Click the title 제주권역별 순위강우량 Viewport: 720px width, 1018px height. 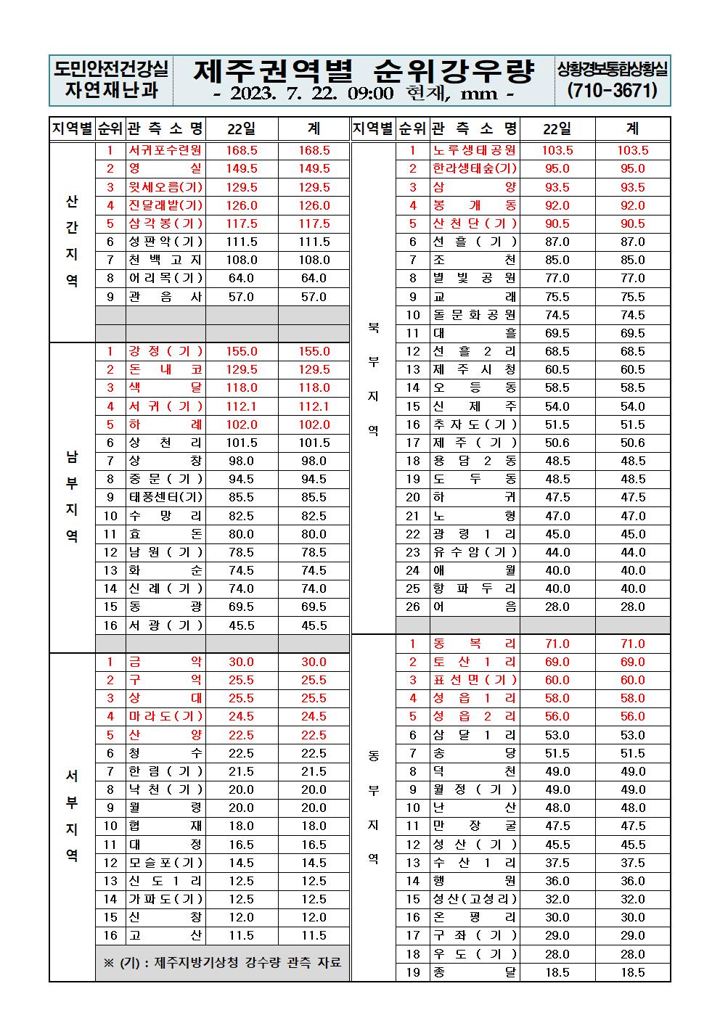pyautogui.click(x=364, y=70)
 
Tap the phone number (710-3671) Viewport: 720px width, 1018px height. pyautogui.click(x=612, y=91)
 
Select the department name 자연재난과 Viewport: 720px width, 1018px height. pyautogui.click(x=111, y=91)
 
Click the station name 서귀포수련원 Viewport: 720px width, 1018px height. pyautogui.click(x=165, y=150)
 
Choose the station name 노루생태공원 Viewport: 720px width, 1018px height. pyautogui.click(x=475, y=150)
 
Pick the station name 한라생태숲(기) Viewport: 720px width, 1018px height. pyautogui.click(x=475, y=168)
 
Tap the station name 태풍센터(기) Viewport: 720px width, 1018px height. pyautogui.click(x=165, y=497)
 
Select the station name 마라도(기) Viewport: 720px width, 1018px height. pyautogui.click(x=165, y=716)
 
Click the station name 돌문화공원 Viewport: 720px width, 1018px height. pyautogui.click(x=475, y=315)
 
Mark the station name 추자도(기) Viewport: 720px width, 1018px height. pyautogui.click(x=475, y=424)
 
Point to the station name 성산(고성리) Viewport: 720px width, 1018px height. pyautogui.click(x=475, y=899)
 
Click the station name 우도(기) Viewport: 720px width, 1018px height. pyautogui.click(x=475, y=954)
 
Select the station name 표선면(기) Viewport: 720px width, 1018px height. pyautogui.click(x=475, y=680)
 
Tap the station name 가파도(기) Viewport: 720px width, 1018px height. pyautogui.click(x=165, y=899)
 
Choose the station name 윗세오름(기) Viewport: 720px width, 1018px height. pyautogui.click(x=165, y=187)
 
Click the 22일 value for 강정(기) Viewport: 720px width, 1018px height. pyautogui.click(x=242, y=351)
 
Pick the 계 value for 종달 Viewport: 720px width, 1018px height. pyautogui.click(x=632, y=972)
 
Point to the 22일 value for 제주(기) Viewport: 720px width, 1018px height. pyautogui.click(x=557, y=443)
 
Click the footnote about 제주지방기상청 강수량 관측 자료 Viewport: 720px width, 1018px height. pyautogui.click(x=222, y=963)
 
